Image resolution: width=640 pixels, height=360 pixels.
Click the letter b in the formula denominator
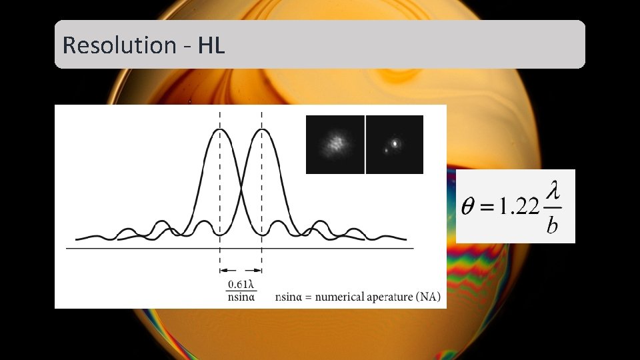[x=552, y=227]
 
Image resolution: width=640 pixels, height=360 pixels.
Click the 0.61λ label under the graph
[x=241, y=285]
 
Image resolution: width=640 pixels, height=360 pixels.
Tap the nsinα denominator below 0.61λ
[x=241, y=297]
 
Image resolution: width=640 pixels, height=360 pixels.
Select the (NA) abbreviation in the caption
[x=427, y=297]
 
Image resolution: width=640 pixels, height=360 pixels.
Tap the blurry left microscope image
[x=335, y=144]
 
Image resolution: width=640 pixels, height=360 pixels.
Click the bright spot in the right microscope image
[x=396, y=142]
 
